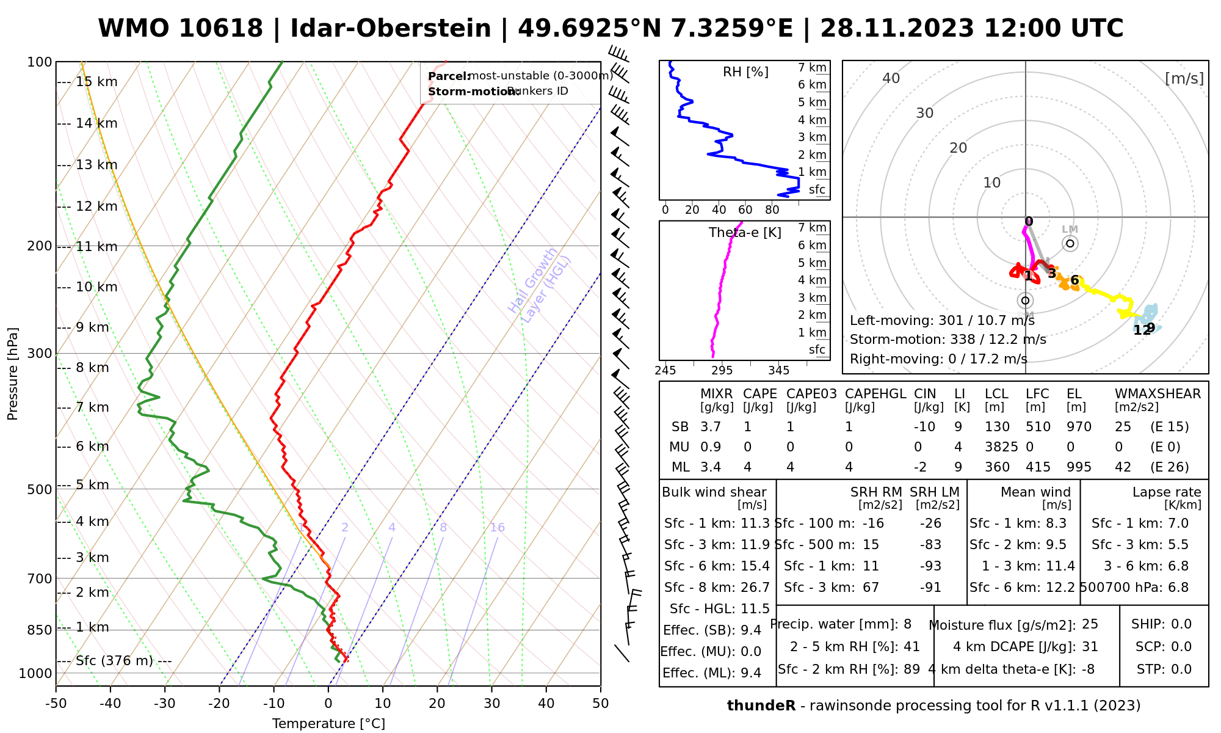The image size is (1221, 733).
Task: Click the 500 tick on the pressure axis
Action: [40, 489]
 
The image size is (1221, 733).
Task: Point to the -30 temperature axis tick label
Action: [165, 704]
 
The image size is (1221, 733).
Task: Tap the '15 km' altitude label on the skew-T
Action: [96, 82]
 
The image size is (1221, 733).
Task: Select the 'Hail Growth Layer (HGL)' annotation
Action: [540, 285]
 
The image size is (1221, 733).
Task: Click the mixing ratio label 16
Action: [497, 528]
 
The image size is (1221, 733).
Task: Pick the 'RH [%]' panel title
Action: [745, 72]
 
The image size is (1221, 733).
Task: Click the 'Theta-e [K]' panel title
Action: [745, 233]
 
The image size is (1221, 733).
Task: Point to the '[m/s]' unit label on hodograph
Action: [1184, 78]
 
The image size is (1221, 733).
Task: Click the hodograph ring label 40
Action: [891, 78]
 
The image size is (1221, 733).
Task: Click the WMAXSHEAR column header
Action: [1158, 394]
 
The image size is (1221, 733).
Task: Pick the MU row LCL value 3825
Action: [1001, 447]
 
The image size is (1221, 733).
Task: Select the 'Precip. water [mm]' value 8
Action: [907, 624]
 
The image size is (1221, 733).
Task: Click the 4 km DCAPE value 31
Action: [1090, 647]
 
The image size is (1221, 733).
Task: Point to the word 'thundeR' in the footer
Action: [761, 706]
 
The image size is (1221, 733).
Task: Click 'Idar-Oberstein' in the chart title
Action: [391, 29]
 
